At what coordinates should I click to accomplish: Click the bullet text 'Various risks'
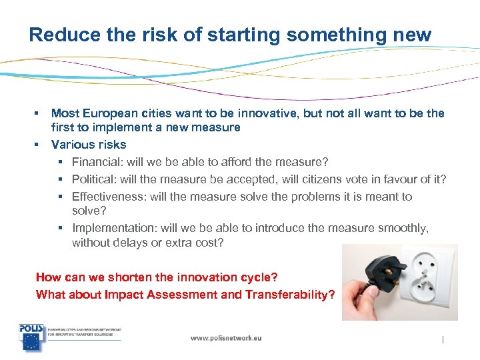89,144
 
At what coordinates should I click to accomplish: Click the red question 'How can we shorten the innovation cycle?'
156,277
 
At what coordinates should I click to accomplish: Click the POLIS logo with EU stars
31,337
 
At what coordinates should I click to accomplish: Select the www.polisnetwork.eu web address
226,338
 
